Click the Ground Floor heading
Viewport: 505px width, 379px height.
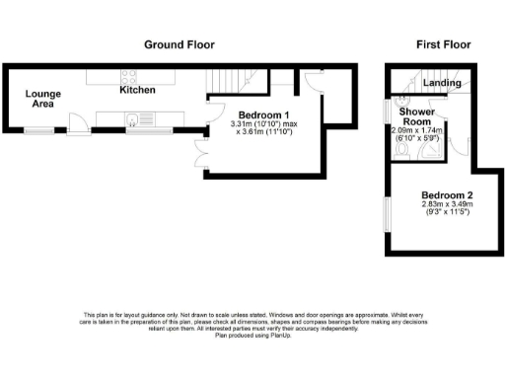(x=180, y=44)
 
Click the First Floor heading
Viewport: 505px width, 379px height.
(x=443, y=44)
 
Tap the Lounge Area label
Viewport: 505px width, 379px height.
(x=43, y=97)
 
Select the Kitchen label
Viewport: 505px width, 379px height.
(x=137, y=90)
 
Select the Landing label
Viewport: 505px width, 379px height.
(x=441, y=83)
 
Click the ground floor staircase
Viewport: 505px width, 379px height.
(x=228, y=79)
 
